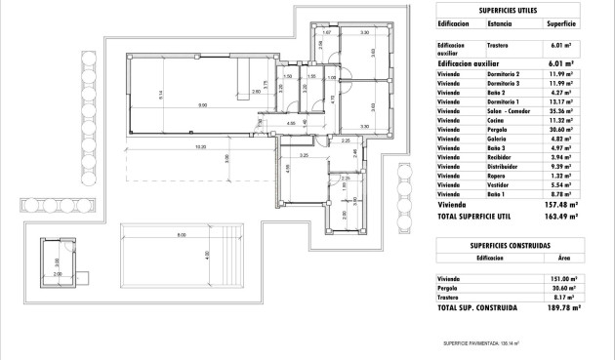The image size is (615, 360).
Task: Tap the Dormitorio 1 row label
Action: [x=505, y=101]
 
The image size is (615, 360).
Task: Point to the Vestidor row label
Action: [x=498, y=184]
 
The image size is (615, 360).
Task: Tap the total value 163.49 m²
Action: [x=559, y=217]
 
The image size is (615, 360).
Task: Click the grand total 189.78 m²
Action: [x=559, y=307]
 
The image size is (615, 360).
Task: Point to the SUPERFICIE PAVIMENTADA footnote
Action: [x=481, y=343]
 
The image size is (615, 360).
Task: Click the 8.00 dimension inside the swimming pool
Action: [x=181, y=236]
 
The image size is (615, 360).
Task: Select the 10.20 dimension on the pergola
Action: [x=200, y=147]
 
